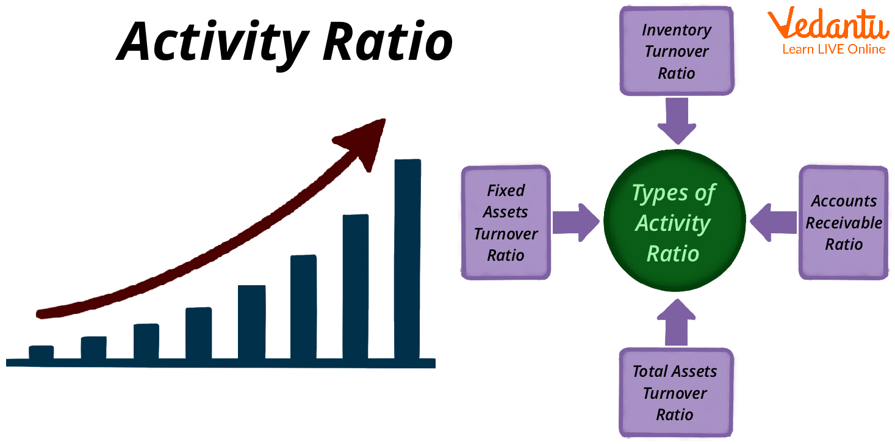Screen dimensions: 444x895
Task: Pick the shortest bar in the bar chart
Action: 41,352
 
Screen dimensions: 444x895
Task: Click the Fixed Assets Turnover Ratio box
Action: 505,223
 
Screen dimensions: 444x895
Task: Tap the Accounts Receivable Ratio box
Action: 844,223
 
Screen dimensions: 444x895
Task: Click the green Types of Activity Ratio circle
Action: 674,223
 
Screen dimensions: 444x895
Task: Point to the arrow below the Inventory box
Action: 676,120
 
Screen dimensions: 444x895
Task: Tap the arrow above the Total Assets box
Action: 676,323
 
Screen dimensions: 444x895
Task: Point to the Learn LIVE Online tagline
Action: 833,49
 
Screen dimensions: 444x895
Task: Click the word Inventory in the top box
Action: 676,30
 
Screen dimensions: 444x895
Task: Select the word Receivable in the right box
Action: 844,223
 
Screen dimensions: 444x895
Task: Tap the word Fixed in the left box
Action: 505,191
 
